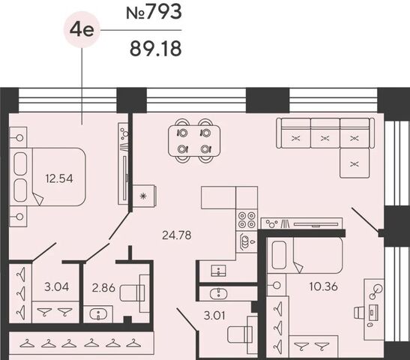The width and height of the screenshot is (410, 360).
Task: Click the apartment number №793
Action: coord(154,12)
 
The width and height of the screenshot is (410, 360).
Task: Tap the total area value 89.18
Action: coord(156,49)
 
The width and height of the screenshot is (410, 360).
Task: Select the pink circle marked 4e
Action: coord(82,30)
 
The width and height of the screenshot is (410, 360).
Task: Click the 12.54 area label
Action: coord(59,179)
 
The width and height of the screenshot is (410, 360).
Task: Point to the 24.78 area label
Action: coord(177,235)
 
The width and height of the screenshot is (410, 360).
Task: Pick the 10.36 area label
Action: coord(324,286)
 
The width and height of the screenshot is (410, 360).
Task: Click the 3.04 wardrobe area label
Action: coord(56,287)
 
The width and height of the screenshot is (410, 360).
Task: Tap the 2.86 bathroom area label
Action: coord(103,288)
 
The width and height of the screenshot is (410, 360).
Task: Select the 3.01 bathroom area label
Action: coord(214,316)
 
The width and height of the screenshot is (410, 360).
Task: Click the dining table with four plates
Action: coord(194,141)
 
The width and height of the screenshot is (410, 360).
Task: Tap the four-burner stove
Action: coord(247,220)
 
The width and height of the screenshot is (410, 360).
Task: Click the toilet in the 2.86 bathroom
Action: coord(134,293)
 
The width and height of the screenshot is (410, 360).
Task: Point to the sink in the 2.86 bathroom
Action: coord(98,314)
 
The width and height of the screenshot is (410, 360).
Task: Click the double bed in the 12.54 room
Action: coord(47,177)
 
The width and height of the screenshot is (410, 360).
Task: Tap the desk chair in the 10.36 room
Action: coord(359,313)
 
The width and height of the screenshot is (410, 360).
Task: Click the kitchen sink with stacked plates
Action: coord(247,241)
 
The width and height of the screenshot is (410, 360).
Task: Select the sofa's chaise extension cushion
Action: coord(355,163)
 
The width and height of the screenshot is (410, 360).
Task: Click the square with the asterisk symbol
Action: coord(143,196)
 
